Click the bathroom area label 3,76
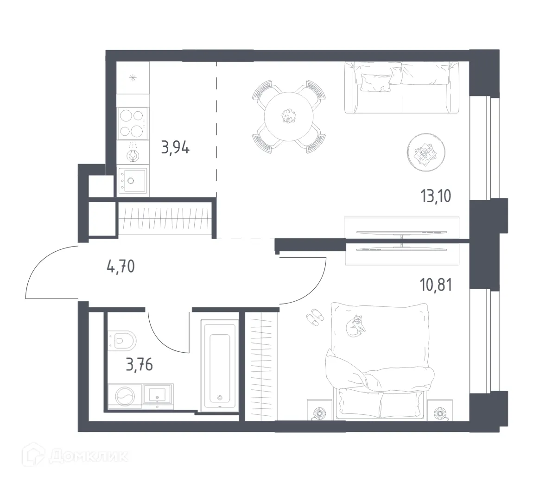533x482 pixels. [140, 365]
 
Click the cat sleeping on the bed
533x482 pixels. [355, 324]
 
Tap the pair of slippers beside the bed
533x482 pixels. [316, 317]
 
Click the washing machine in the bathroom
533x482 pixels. [125, 397]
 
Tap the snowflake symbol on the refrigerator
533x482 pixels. [133, 77]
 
